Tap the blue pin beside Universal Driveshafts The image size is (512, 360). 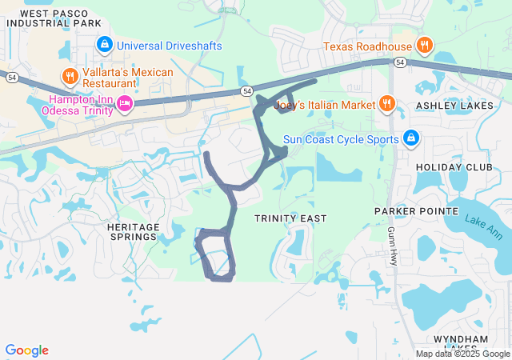point(105,45)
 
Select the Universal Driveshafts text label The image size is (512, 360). point(169,46)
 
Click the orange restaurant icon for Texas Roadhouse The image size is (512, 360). point(425,46)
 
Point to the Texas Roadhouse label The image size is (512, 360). point(367,46)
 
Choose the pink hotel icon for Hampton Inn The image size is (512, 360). point(124,102)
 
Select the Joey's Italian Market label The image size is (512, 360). point(324,105)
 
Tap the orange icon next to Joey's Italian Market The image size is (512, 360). point(387,102)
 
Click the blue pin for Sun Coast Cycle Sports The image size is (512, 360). point(410,139)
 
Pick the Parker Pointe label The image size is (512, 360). point(417,211)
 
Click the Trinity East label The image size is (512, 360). point(290,218)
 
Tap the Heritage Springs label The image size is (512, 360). point(133,232)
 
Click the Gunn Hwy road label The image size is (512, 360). point(393,245)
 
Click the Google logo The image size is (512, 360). point(26,350)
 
